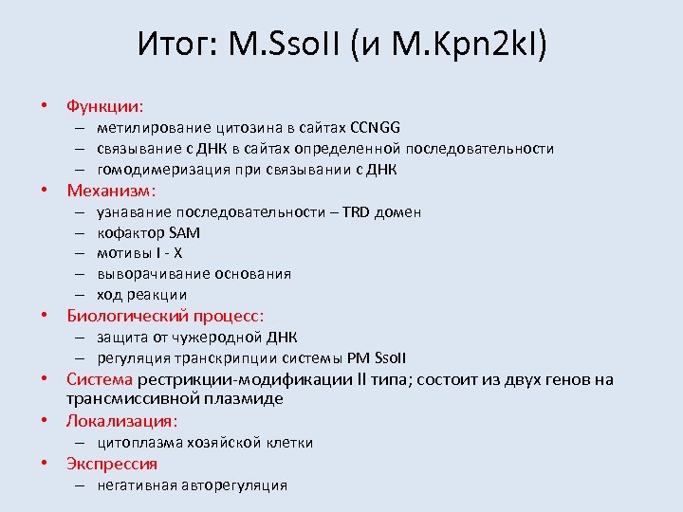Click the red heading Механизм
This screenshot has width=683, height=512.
click(x=110, y=191)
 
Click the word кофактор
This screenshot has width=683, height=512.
click(x=130, y=233)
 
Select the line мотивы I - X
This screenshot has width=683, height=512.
click(x=139, y=253)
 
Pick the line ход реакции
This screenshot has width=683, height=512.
click(x=141, y=295)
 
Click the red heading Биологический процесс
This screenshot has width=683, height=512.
click(x=164, y=316)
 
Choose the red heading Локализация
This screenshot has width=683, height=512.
click(x=121, y=421)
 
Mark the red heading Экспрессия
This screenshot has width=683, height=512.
click(x=111, y=464)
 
